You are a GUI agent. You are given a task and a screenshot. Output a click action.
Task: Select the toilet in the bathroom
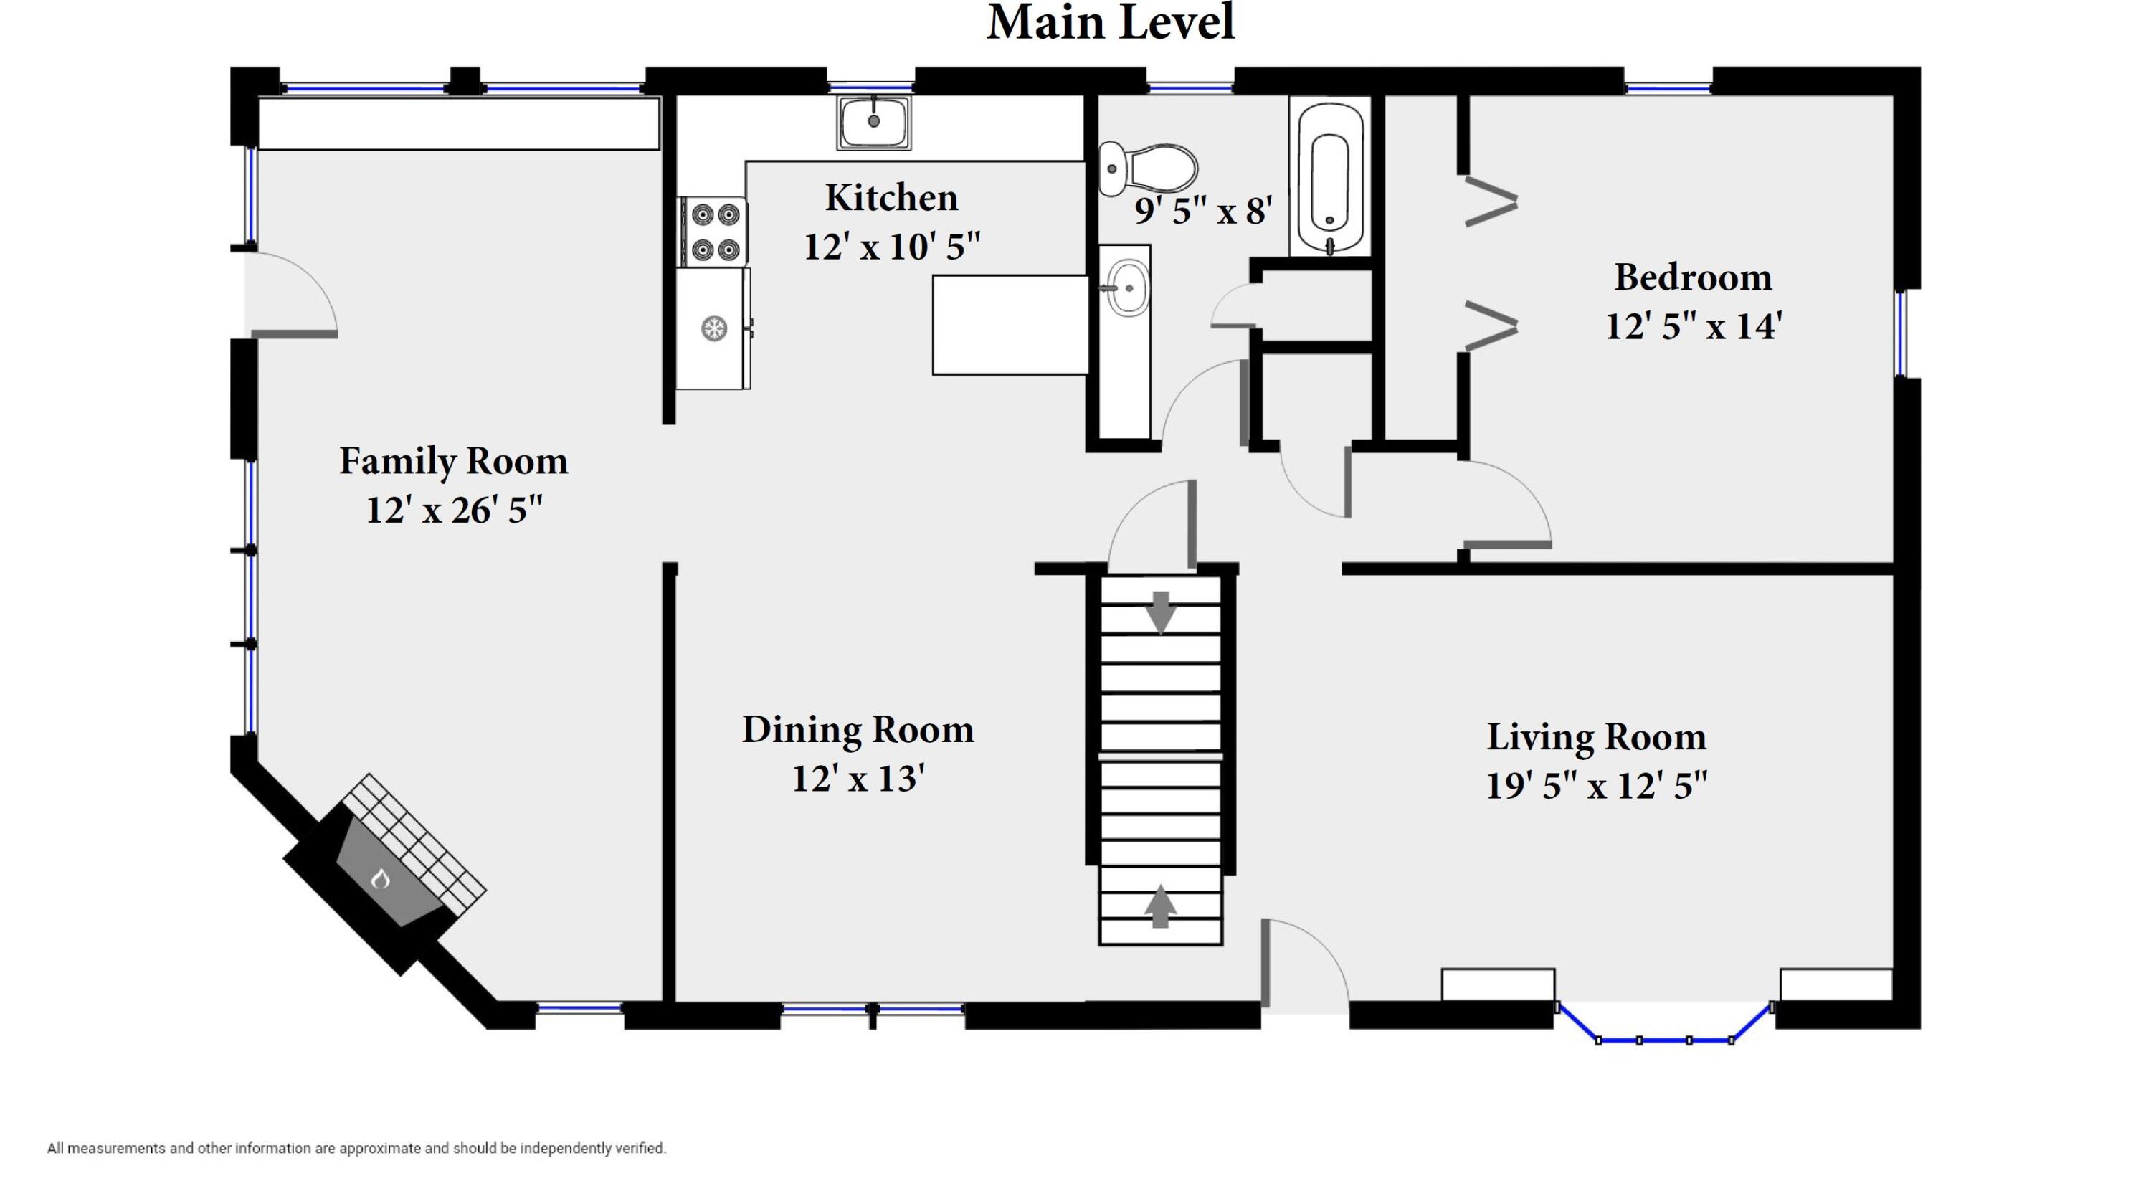[1147, 168]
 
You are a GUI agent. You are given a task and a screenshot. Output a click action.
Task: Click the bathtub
[1329, 177]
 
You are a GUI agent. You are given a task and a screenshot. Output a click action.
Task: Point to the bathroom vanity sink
[1127, 288]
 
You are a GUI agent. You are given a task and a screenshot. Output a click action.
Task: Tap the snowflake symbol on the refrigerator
[713, 328]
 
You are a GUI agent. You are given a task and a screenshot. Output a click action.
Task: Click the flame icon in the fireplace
[381, 878]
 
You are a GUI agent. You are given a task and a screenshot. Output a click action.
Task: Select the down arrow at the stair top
[1161, 612]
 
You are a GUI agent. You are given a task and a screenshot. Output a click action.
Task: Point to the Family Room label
[453, 461]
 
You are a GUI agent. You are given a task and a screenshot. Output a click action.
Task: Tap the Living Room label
[1596, 736]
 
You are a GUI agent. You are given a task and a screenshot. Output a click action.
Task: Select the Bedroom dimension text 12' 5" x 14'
[1694, 326]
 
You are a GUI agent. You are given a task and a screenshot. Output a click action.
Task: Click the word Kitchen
[892, 198]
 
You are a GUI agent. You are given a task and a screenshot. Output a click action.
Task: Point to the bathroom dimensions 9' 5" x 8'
[1203, 211]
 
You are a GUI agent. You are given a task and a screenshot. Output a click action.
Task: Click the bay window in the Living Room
[1664, 1024]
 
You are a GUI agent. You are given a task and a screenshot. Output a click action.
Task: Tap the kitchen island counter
[1010, 325]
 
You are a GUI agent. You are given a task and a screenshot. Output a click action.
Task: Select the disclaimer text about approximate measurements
[356, 1149]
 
